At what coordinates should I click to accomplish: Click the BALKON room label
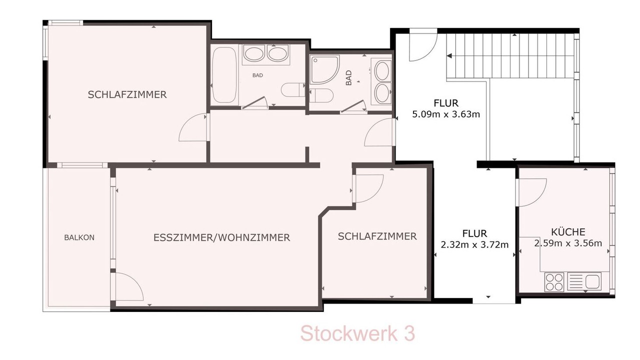tap(79, 237)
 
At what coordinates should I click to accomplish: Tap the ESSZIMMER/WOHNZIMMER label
tap(221, 237)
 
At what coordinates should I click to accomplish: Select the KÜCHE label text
tap(568, 231)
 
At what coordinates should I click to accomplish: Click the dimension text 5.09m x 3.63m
tap(446, 114)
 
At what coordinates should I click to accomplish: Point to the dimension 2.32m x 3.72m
tap(474, 245)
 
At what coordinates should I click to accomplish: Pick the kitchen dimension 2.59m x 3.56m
tap(568, 243)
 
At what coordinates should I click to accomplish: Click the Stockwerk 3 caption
tap(357, 333)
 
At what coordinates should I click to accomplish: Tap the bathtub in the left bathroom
tap(224, 75)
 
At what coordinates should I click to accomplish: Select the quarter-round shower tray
tap(325, 69)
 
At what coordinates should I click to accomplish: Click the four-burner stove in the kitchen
tap(554, 282)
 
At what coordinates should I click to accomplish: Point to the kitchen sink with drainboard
tap(584, 281)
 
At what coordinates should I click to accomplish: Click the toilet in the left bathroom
tap(293, 90)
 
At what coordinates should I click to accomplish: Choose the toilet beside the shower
tap(321, 95)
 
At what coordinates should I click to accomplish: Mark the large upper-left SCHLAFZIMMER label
tap(127, 94)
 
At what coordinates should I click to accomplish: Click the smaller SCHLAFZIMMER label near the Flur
tap(377, 236)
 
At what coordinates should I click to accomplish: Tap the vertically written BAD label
tap(348, 78)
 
